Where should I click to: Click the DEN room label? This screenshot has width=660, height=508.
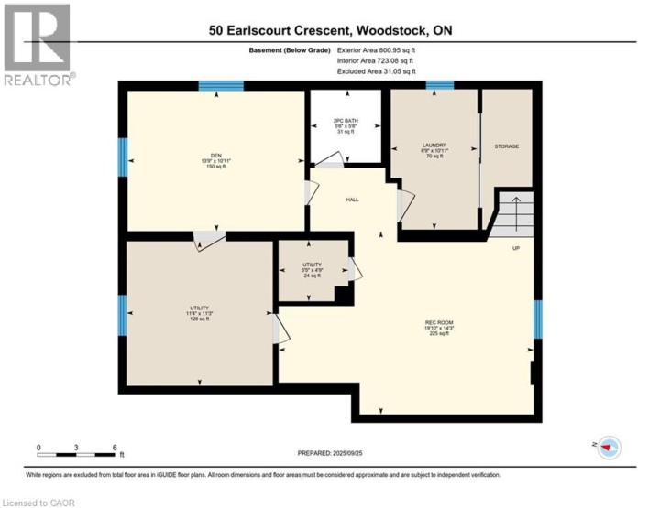click(216, 155)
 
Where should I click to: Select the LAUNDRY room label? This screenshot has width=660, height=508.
click(434, 145)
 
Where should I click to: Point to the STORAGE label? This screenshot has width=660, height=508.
click(507, 146)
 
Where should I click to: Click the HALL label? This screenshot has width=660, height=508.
click(352, 200)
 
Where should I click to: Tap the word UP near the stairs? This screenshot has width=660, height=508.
click(516, 247)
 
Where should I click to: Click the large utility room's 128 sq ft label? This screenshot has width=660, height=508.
click(200, 319)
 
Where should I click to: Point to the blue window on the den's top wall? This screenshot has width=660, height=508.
click(221, 86)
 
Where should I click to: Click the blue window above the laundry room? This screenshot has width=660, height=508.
click(439, 86)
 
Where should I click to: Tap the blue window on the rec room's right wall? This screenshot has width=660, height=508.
click(538, 317)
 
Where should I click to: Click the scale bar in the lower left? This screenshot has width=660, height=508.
click(77, 453)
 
